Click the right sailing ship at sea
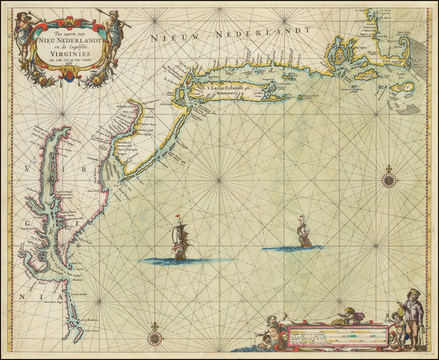click(x=304, y=233)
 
